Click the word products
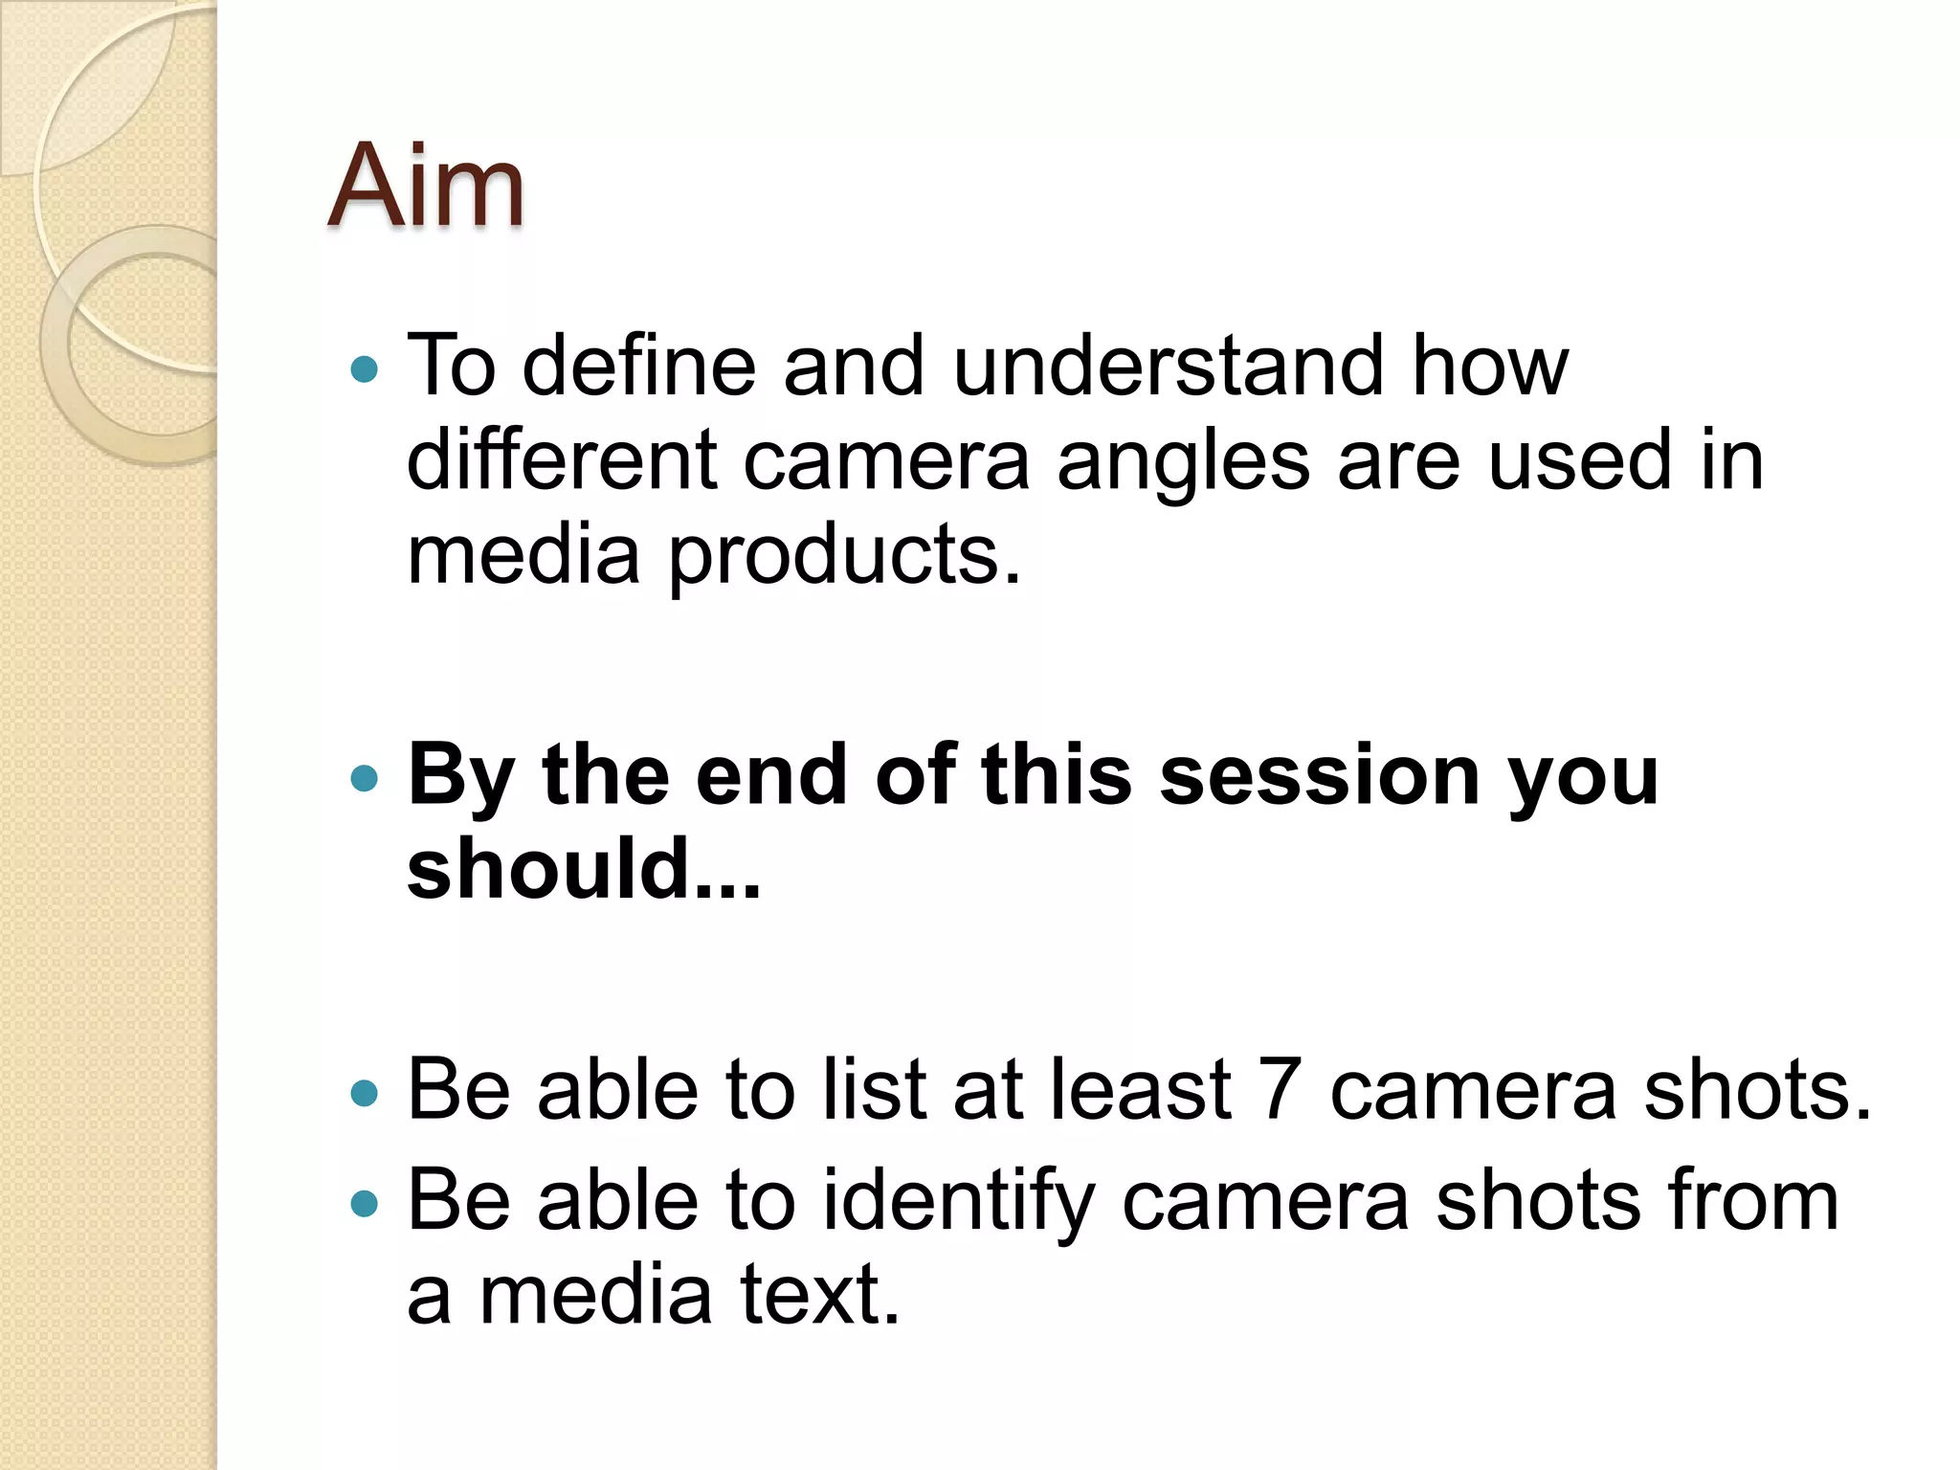[x=844, y=556]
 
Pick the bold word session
[x=1321, y=774]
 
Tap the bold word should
[x=548, y=868]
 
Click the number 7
[x=1279, y=1088]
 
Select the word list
[x=875, y=1088]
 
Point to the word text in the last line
[x=819, y=1294]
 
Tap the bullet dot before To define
[x=365, y=368]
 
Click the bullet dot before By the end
[x=365, y=778]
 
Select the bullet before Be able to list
[x=365, y=1092]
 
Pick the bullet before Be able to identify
[x=365, y=1202]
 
